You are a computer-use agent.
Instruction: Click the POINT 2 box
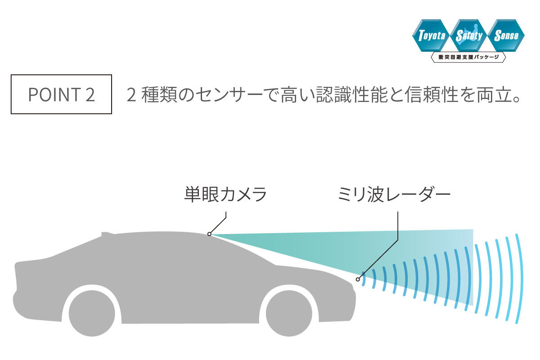point(61,94)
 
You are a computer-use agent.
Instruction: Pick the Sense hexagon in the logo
point(506,36)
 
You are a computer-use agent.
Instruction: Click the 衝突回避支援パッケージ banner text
point(468,58)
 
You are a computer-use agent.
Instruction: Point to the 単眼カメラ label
point(226,195)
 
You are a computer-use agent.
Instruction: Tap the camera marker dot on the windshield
point(210,234)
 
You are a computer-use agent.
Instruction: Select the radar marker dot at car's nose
point(358,279)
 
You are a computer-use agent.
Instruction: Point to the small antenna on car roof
point(106,233)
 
